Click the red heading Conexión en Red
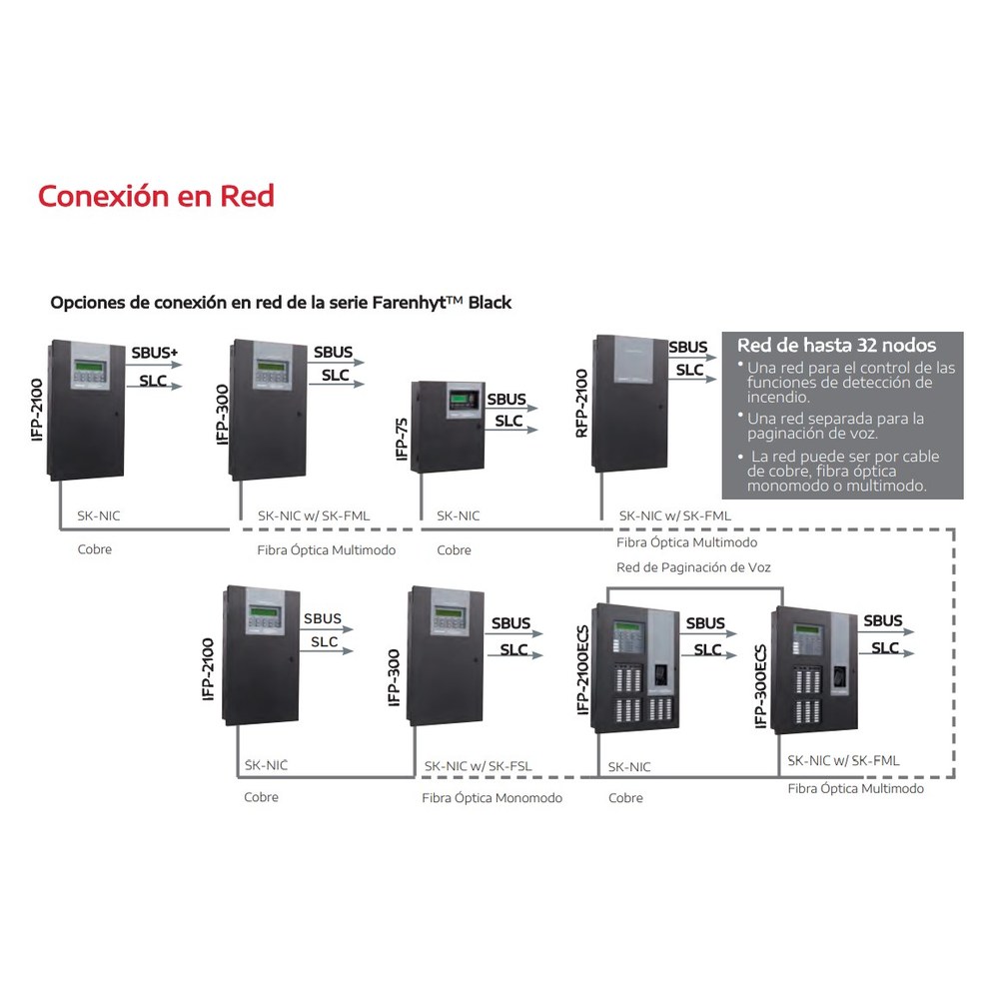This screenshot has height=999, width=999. pyautogui.click(x=156, y=196)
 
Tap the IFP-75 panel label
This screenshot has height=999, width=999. pyautogui.click(x=402, y=439)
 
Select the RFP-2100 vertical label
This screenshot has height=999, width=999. pyautogui.click(x=581, y=404)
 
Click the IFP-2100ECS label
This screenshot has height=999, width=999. pyautogui.click(x=582, y=669)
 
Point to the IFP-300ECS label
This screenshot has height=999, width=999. pyautogui.click(x=760, y=685)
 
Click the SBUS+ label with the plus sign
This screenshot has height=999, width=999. pyautogui.click(x=155, y=353)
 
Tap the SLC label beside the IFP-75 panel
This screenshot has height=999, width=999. pyautogui.click(x=508, y=421)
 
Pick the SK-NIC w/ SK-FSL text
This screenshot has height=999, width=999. pyautogui.click(x=478, y=766)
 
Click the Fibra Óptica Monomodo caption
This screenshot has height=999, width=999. pyautogui.click(x=492, y=797)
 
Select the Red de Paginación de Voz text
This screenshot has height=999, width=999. pyautogui.click(x=693, y=567)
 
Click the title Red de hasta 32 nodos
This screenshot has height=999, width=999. pyautogui.click(x=836, y=346)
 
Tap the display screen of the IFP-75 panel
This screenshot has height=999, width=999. pyautogui.click(x=461, y=401)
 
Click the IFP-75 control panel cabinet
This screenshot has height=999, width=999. pyautogui.click(x=448, y=427)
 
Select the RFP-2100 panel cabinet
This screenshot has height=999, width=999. pyautogui.click(x=630, y=404)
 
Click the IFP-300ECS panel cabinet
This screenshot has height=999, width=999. pyautogui.click(x=814, y=670)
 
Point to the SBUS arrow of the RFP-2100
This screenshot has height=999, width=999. pyautogui.click(x=692, y=358)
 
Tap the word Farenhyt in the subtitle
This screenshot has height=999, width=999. pyautogui.click(x=409, y=302)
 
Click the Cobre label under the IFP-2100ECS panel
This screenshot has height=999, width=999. pyautogui.click(x=625, y=797)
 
